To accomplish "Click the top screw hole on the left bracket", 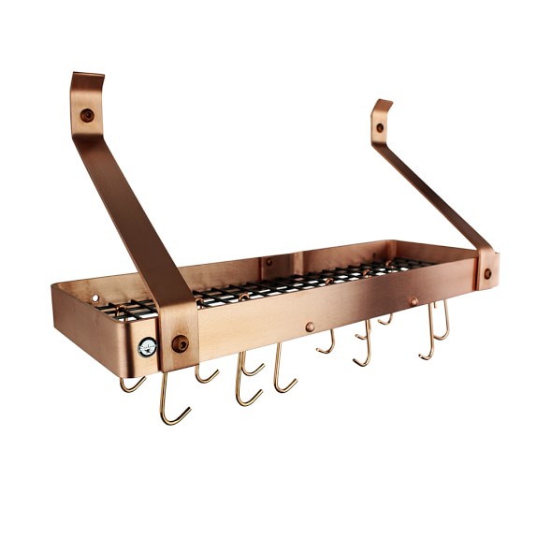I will click(87, 115).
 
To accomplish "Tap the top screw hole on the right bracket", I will click(380, 127).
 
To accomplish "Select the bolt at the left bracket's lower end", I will click(181, 343).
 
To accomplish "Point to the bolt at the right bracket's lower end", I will click(487, 274).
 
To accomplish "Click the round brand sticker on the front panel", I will click(148, 347).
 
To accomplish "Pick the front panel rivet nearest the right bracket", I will click(414, 301).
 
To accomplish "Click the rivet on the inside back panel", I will click(268, 262).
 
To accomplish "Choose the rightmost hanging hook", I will click(443, 323).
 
